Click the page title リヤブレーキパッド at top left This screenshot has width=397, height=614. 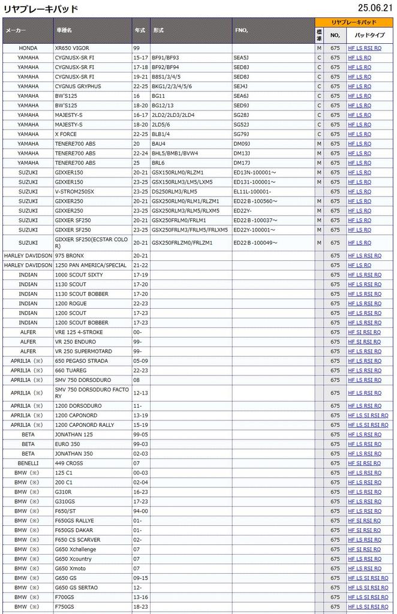coord(41,8)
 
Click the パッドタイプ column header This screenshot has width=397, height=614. coord(369,35)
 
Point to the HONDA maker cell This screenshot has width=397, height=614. coord(28,48)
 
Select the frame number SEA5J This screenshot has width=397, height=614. coord(241,58)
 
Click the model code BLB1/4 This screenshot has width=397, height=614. coord(162,134)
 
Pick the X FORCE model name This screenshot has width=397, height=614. coord(66,134)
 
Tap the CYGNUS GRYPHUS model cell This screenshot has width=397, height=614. coord(78,86)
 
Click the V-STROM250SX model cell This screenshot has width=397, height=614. coord(74,192)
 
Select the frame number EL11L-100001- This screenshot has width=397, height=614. coord(252,192)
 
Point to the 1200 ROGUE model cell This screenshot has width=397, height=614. coord(71,303)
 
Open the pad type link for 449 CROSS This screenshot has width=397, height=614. coord(364,463)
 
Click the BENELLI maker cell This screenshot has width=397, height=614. coord(28,463)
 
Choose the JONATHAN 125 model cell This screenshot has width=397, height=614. coord(74,434)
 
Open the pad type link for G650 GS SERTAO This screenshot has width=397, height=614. coord(368,588)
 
